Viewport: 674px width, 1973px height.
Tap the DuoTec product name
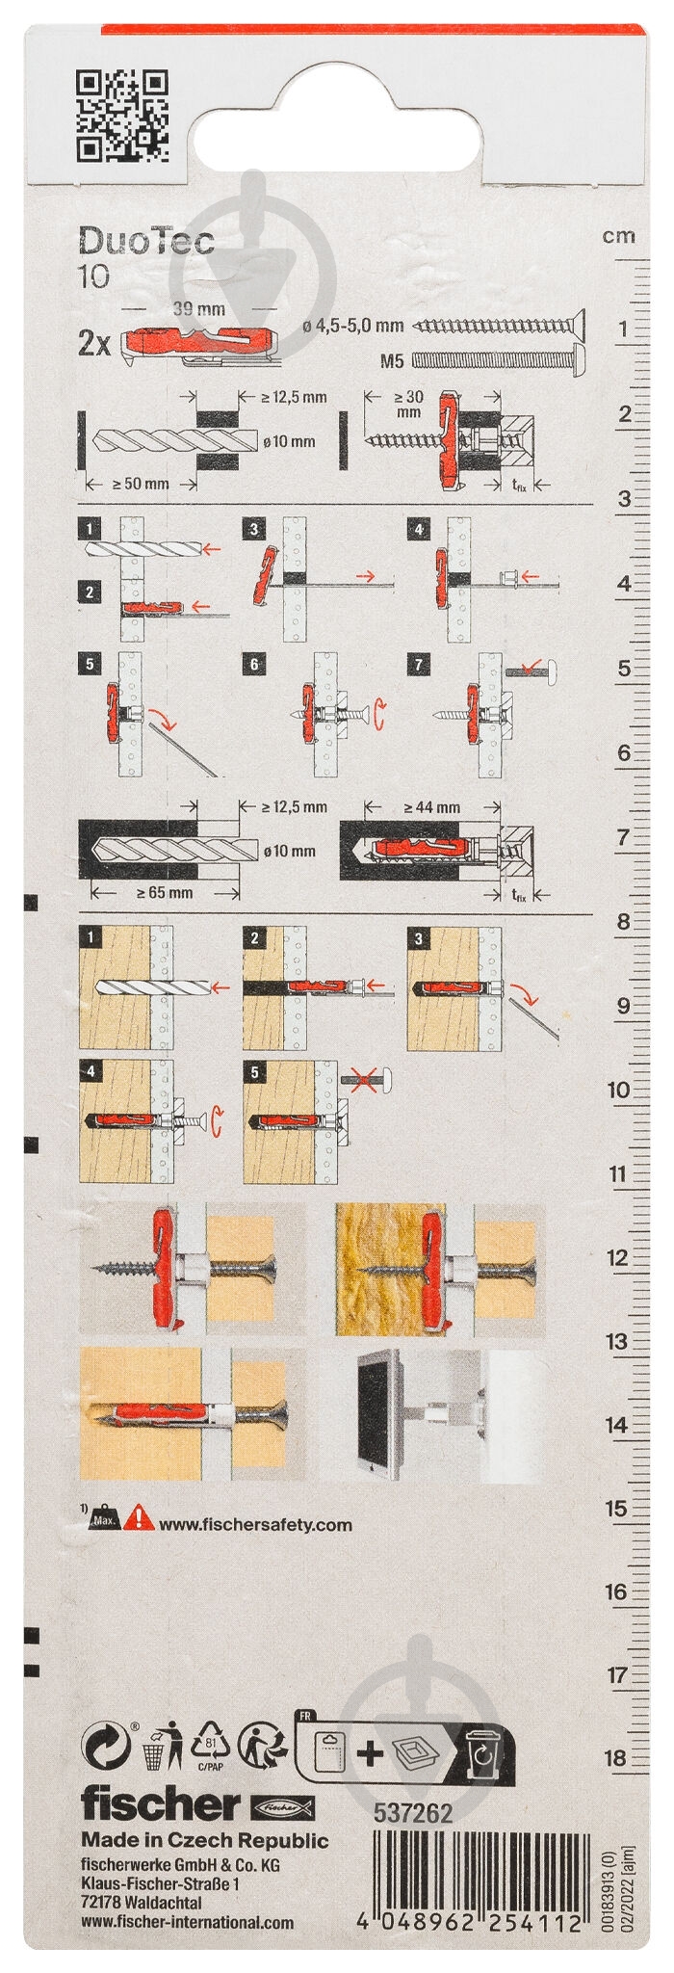coord(145,241)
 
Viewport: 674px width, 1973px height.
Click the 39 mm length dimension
coord(198,309)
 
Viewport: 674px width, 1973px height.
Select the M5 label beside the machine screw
coord(391,361)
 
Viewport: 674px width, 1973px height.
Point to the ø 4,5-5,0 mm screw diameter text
coord(352,327)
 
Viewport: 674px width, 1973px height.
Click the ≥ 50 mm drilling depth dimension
coord(141,484)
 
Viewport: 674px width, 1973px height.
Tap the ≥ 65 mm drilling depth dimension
coord(165,892)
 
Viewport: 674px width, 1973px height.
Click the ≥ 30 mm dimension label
coord(408,404)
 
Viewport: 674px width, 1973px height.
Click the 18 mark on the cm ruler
coord(615,1757)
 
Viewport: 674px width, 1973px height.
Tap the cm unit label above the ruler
coord(618,236)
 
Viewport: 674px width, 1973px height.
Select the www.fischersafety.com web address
coord(255,1525)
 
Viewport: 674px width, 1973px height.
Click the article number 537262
coord(412,1813)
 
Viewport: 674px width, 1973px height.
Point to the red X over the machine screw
coord(362,1081)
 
